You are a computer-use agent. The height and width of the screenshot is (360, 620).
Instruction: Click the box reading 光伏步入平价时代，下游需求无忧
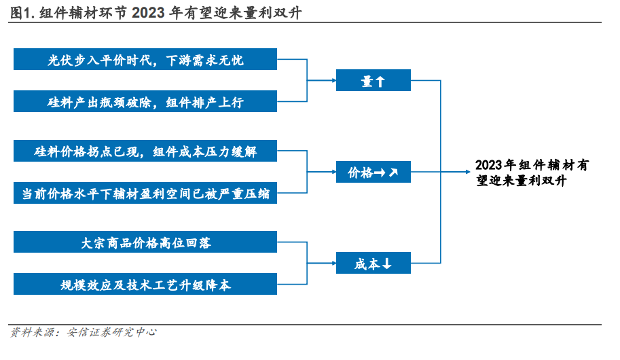tap(145, 59)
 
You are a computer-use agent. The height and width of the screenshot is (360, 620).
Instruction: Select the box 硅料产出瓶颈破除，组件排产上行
tap(145, 101)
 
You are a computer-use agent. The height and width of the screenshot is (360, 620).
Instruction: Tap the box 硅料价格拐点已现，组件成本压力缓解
tap(145, 151)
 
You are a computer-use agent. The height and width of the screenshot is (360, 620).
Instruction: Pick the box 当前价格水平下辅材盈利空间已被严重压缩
tap(145, 193)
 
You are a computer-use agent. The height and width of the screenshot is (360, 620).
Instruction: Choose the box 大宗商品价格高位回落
tap(145, 242)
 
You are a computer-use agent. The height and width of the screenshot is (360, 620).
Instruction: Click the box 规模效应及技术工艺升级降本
tap(145, 284)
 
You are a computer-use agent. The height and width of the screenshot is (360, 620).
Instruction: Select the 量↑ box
tap(373, 80)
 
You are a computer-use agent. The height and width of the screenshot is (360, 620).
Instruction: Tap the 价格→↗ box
tap(373, 172)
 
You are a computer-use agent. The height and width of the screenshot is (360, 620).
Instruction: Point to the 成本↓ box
tap(373, 263)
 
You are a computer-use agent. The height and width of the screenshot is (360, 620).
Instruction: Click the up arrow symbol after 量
tap(380, 82)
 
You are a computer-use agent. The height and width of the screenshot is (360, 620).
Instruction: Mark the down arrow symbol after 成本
tap(386, 264)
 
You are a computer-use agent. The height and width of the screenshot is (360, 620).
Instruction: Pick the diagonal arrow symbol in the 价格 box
tap(393, 173)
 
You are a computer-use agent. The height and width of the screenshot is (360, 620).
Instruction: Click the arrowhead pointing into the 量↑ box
tap(333, 80)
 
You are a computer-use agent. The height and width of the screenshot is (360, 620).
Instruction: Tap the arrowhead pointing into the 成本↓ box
tap(333, 263)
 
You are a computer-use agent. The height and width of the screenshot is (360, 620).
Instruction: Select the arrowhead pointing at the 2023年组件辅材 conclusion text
tap(467, 172)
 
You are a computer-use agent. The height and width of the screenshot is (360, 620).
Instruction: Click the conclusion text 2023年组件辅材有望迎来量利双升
tap(532, 173)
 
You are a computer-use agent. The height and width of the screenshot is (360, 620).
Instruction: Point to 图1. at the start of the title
tap(22, 13)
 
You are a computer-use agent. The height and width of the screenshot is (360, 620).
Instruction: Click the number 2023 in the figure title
tap(148, 13)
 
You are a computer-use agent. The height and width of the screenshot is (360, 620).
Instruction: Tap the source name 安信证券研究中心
tap(111, 332)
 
